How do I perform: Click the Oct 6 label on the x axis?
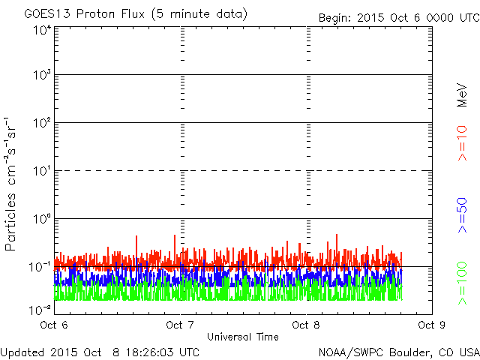(54, 325)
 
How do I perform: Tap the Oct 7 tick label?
(180, 325)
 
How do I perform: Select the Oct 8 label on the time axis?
(306, 325)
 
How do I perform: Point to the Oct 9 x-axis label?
(432, 325)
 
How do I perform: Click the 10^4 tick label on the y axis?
(42, 31)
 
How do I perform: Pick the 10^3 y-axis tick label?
(42, 75)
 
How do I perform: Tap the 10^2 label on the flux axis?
(42, 123)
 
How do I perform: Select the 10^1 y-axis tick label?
(42, 171)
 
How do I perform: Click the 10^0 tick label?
(42, 219)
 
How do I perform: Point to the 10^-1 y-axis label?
(40, 267)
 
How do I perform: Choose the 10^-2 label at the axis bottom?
(40, 310)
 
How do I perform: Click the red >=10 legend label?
(462, 143)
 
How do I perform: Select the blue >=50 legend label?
(462, 215)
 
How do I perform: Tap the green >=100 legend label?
(462, 283)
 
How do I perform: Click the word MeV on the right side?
(462, 95)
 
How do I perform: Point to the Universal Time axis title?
(243, 337)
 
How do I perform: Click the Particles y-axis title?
(10, 222)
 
